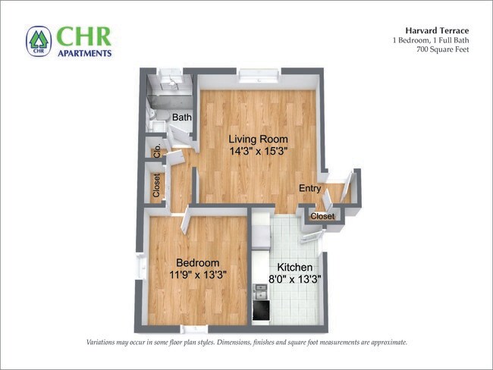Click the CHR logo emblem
39,41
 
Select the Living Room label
259,139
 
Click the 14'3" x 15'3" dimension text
259,151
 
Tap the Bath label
182,118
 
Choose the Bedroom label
197,262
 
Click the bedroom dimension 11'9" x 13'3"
197,274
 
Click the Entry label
309,189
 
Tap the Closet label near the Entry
322,217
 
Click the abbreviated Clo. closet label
157,150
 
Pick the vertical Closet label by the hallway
157,186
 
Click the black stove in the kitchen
261,309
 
